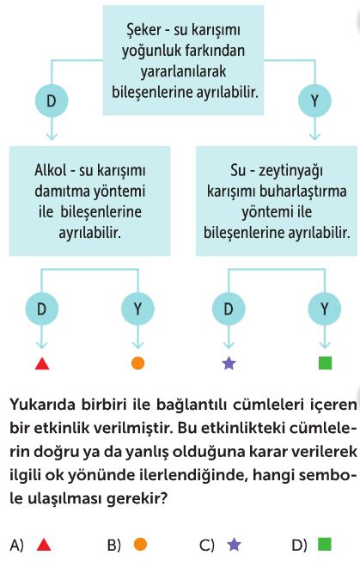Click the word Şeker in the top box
143,30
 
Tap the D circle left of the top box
52,101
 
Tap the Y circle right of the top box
315,101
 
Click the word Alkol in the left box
51,170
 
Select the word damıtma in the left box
62,191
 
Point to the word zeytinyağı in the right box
291,171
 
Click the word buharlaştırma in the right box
302,192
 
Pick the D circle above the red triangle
42,308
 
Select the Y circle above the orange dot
137,308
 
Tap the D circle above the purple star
229,308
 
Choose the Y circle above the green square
325,308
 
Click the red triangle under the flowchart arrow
42,364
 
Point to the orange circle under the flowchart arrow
137,363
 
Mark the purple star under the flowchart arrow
229,363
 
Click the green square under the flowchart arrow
326,363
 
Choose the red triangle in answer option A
44,545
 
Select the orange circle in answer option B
140,544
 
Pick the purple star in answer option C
234,545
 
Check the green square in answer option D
325,544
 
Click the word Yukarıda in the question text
43,405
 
